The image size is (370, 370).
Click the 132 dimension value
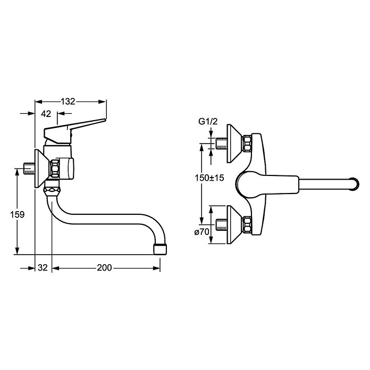68,102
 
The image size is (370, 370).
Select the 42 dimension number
46,114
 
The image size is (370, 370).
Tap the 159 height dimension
17,214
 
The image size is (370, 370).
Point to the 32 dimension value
43,267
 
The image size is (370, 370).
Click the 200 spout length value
104,267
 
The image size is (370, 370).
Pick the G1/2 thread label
208,122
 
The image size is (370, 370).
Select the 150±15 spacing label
209,178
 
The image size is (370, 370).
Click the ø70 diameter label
202,232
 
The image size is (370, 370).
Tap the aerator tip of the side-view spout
160,249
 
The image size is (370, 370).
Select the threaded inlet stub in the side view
29,169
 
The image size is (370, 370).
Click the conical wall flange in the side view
42,169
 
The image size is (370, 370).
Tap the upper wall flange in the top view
234,144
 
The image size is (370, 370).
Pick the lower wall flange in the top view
234,225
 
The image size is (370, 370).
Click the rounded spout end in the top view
355,183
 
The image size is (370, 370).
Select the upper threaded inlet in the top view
222,144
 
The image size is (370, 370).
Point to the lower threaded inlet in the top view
222,225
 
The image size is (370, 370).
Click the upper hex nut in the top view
247,144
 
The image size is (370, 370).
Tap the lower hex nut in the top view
247,225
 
